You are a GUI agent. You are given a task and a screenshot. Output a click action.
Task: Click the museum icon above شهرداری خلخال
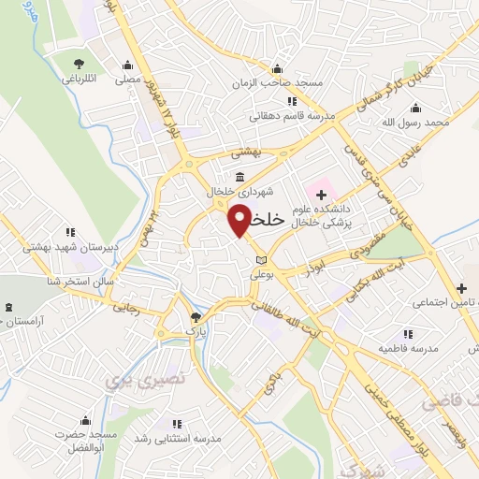click(240, 178)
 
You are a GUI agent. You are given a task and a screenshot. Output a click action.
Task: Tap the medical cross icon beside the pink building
click(322, 195)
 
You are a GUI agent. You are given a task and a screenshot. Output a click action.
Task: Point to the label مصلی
click(127, 80)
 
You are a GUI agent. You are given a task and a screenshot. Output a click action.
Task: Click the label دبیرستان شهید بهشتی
click(67, 246)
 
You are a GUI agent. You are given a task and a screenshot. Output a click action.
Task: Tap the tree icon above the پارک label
click(195, 317)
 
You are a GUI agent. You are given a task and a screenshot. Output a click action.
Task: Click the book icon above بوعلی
click(260, 259)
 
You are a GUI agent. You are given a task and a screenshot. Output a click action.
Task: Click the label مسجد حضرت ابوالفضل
click(84, 440)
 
